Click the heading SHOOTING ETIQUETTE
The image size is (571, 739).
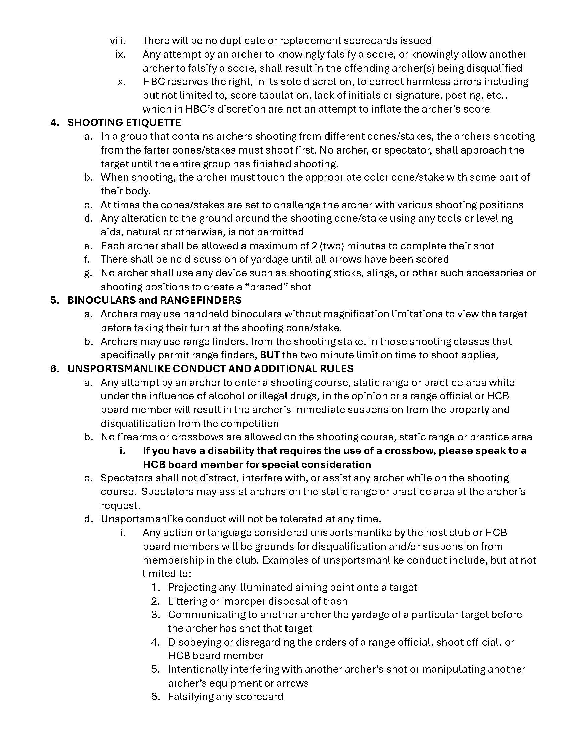[124, 122]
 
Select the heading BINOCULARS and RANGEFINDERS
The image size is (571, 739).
[154, 300]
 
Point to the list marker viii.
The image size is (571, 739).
[118, 41]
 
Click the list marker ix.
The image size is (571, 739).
[121, 54]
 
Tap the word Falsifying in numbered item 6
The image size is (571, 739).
[191, 697]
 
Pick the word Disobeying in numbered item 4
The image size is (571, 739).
[193, 642]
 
